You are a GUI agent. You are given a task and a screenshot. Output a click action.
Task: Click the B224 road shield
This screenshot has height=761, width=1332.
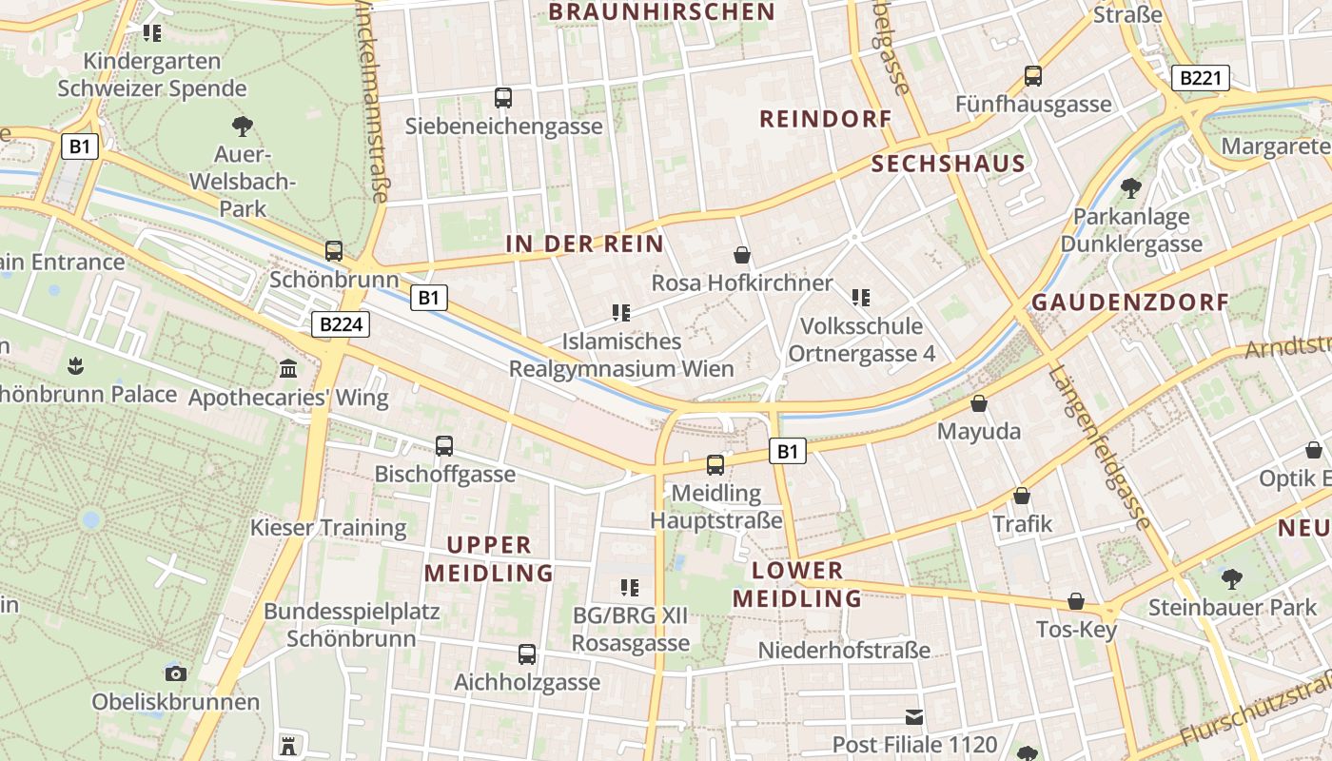341,324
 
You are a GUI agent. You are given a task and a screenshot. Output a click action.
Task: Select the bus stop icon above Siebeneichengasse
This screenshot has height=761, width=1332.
503,97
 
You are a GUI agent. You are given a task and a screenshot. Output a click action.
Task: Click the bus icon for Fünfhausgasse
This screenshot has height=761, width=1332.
1033,75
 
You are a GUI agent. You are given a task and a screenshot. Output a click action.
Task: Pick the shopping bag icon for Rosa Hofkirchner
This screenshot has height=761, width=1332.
742,255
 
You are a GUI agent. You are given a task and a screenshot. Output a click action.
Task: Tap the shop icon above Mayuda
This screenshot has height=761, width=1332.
979,403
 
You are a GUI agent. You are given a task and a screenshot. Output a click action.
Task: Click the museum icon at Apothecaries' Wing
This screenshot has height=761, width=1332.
288,368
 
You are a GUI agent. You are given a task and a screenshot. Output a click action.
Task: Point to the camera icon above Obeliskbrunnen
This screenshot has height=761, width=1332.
176,673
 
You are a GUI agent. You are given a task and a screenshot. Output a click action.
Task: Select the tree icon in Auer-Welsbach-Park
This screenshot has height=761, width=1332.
243,125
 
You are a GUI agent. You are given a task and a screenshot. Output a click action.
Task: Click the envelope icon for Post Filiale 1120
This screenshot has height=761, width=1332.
914,716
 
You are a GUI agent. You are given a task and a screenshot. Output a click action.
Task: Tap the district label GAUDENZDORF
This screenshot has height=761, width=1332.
1130,302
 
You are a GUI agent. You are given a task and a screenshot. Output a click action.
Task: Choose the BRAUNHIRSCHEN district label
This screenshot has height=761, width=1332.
662,11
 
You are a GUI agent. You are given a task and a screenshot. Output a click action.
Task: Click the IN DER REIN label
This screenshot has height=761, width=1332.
584,244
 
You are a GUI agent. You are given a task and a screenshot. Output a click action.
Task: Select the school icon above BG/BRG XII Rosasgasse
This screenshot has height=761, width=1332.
629,587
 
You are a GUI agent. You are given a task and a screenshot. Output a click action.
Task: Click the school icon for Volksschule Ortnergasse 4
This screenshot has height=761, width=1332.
861,298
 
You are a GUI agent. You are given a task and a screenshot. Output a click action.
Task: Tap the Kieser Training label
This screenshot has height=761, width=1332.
328,527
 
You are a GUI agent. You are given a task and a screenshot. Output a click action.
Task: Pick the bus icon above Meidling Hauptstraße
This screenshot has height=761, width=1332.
715,465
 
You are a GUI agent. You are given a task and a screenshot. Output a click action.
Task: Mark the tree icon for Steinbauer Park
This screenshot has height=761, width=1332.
1232,577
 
